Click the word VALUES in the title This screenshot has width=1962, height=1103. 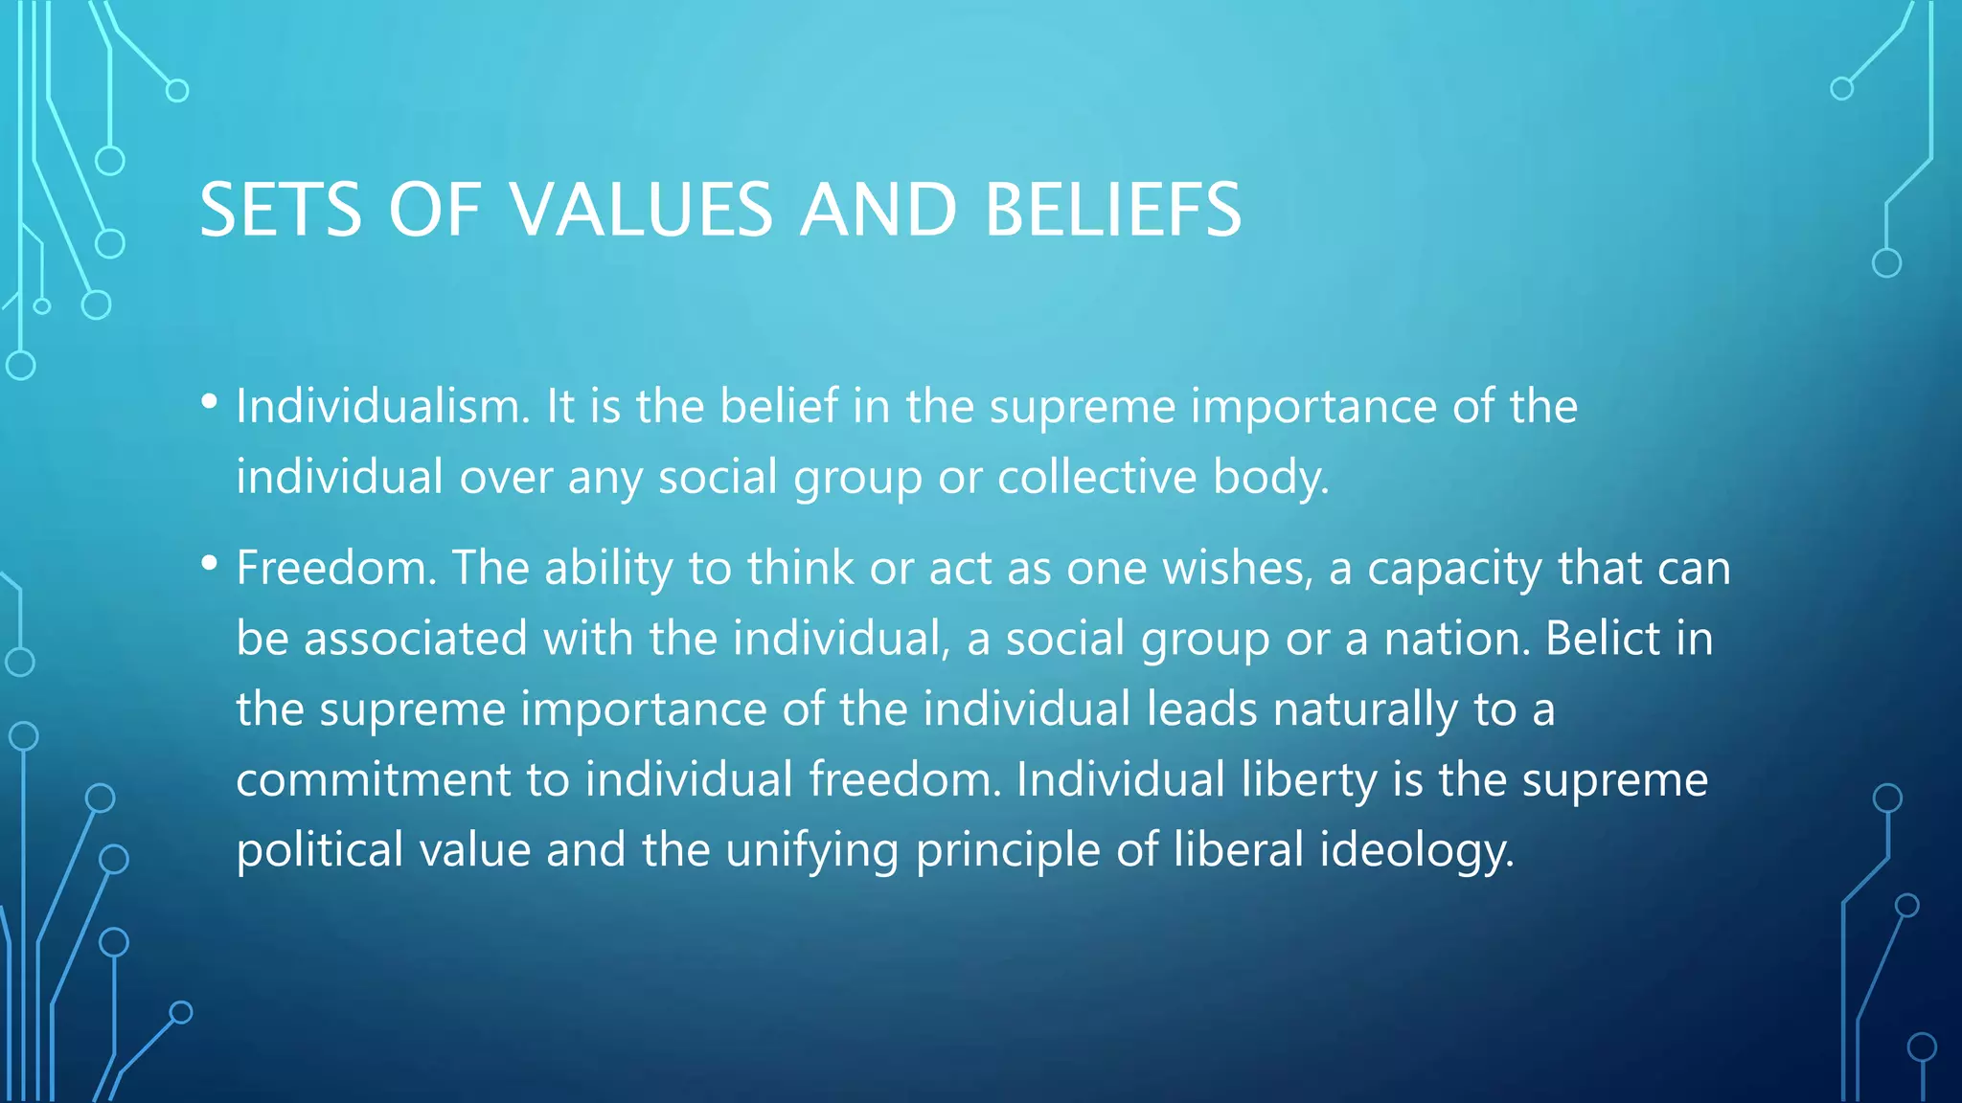[x=640, y=210]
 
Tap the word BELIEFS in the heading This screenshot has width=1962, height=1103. [x=1112, y=210]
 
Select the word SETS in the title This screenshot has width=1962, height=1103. [x=280, y=210]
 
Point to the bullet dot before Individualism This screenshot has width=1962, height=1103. [x=210, y=402]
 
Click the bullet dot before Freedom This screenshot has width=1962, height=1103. [x=210, y=564]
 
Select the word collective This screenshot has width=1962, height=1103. [x=1097, y=477]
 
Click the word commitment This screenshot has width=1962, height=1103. [x=374, y=779]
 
